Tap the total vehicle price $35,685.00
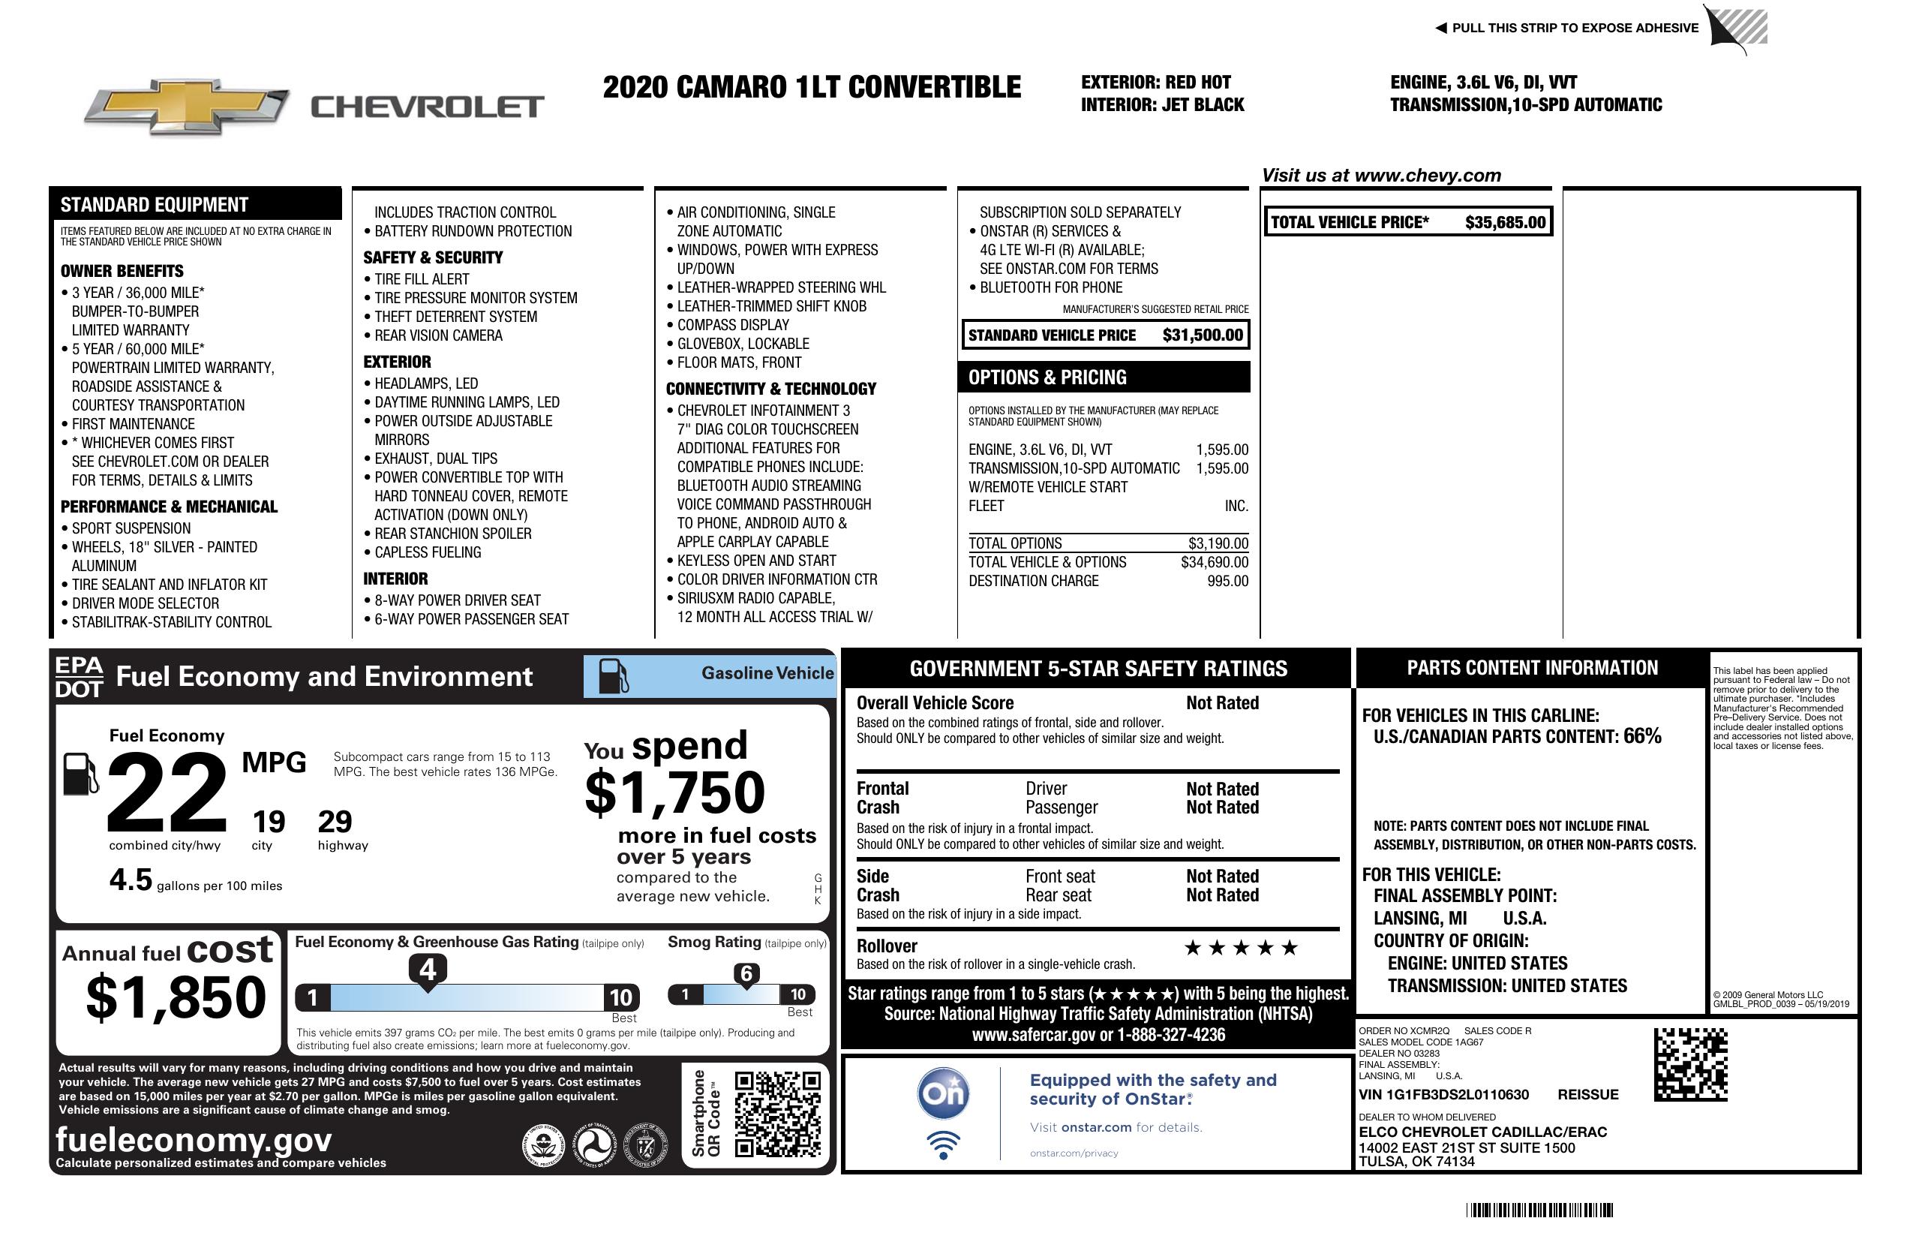click(1505, 223)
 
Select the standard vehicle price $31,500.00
click(1203, 335)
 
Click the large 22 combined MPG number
click(167, 792)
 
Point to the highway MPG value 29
click(335, 822)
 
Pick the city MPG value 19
click(269, 822)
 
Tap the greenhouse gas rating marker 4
click(428, 970)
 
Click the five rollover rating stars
click(1241, 948)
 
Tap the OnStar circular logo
click(943, 1093)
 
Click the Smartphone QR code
click(777, 1114)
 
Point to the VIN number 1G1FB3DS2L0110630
click(1443, 1095)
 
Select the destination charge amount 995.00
click(1227, 582)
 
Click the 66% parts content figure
click(1641, 736)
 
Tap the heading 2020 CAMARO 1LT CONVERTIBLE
click(812, 88)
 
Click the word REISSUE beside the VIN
click(1587, 1095)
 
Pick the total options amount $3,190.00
click(1218, 543)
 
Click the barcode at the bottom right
click(1539, 1210)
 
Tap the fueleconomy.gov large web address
click(194, 1140)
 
